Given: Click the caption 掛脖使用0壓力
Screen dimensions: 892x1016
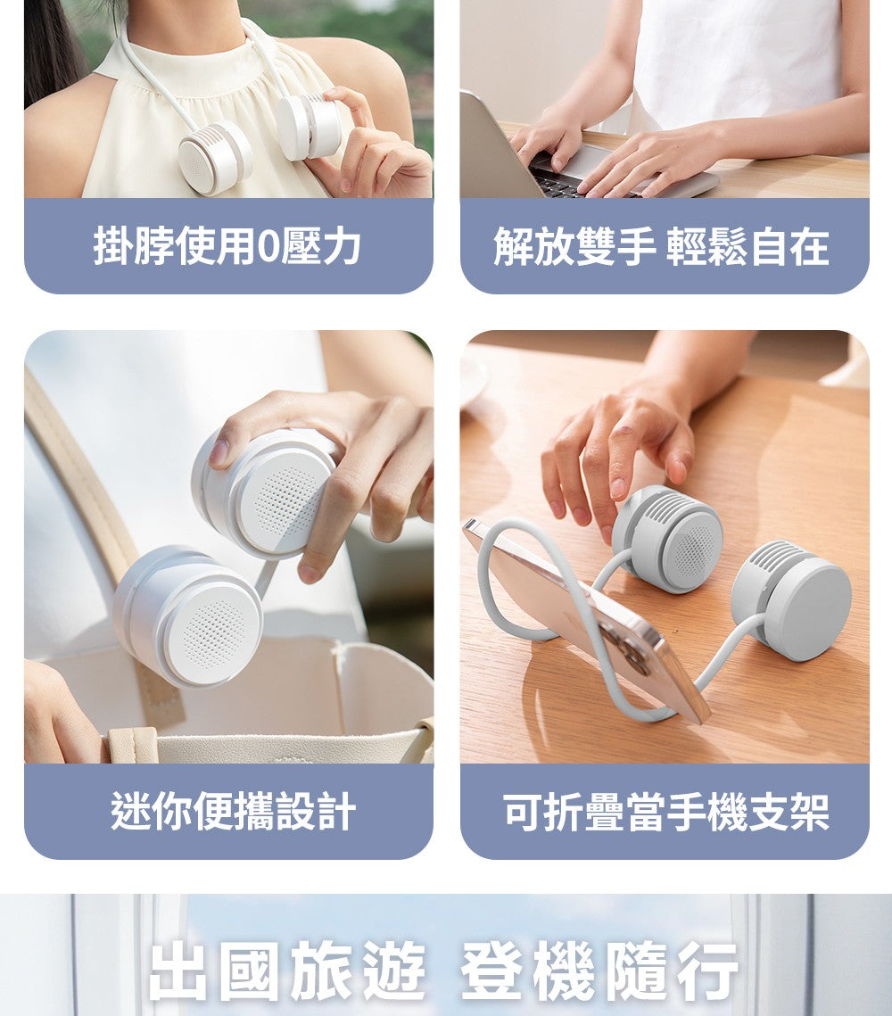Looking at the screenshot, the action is (x=227, y=246).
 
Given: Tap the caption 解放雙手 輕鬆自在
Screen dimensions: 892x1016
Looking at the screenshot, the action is (x=661, y=246).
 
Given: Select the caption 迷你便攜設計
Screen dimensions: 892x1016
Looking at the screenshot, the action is (x=233, y=811).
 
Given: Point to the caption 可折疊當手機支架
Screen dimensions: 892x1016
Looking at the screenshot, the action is (x=666, y=811).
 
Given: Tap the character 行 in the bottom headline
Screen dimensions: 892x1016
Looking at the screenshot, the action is (x=706, y=971).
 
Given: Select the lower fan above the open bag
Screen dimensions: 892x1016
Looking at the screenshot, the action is (x=188, y=615).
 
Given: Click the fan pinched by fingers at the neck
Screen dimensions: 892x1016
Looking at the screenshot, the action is (x=310, y=125).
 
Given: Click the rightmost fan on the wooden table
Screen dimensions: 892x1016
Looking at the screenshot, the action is (x=791, y=599).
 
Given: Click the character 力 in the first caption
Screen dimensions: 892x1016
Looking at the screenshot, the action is (x=341, y=246).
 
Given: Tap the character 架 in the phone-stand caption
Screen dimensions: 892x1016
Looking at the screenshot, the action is (x=809, y=811).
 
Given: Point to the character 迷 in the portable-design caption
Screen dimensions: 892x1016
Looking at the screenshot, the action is (x=131, y=811).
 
